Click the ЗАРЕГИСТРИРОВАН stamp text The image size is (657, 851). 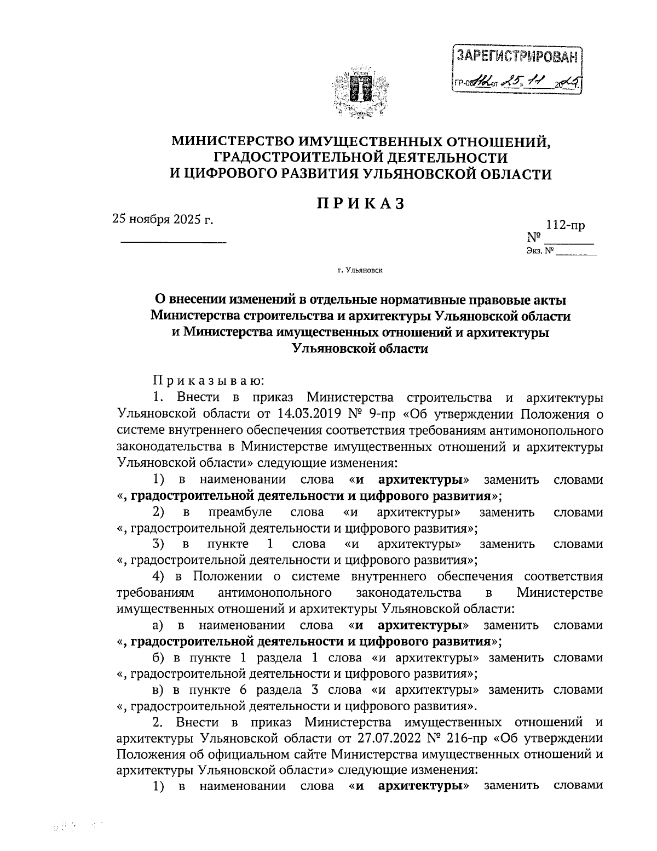[x=517, y=56]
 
